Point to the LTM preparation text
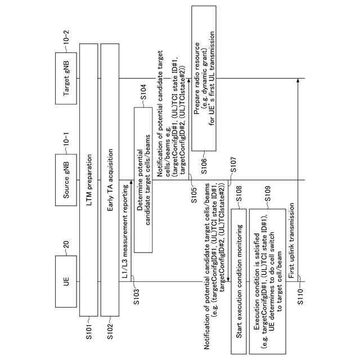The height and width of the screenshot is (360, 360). (x=89, y=181)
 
